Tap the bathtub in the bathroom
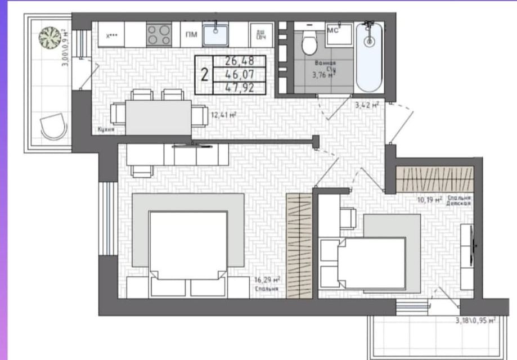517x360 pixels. pyautogui.click(x=369, y=56)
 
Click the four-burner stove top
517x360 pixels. pyautogui.click(x=159, y=35)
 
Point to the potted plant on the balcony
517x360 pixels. pyautogui.click(x=50, y=38)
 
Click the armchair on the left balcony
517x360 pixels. pyautogui.click(x=53, y=125)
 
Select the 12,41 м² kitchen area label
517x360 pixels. pyautogui.click(x=223, y=115)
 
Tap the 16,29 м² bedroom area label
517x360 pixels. pyautogui.click(x=267, y=279)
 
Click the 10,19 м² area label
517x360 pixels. pyautogui.click(x=428, y=199)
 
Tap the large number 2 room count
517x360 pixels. pyautogui.click(x=205, y=74)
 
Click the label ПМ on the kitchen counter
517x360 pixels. pyautogui.click(x=191, y=34)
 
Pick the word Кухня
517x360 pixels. pyautogui.click(x=106, y=129)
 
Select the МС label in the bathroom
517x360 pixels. pyautogui.click(x=332, y=30)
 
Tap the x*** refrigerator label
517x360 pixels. pyautogui.click(x=112, y=35)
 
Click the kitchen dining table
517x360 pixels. pyautogui.click(x=159, y=116)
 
